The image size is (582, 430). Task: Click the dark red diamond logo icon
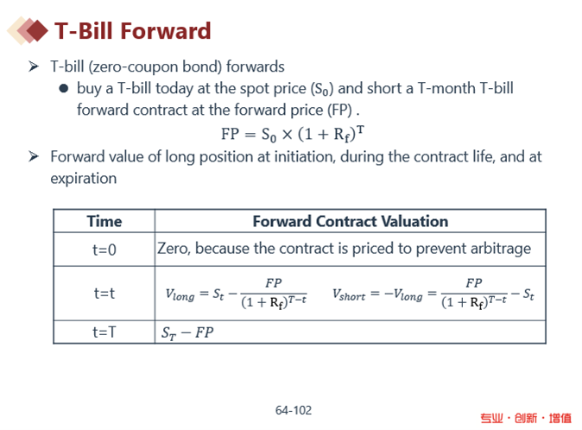[x=36, y=30]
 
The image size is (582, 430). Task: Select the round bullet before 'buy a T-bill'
[x=64, y=89]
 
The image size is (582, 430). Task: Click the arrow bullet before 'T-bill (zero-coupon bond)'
[x=34, y=66]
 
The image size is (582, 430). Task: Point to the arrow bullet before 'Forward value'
[x=34, y=156]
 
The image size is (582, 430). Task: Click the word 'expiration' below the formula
[x=84, y=179]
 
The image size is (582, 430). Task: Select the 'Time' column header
[x=104, y=222]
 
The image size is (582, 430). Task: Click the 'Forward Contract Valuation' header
[x=351, y=222]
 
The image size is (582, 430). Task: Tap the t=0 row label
[x=104, y=250]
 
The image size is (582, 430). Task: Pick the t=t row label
[x=104, y=294]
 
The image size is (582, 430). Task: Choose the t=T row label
[x=104, y=332]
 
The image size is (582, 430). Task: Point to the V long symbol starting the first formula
[x=180, y=295]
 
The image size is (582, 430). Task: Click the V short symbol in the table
[x=349, y=295]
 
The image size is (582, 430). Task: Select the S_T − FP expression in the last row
[x=187, y=332]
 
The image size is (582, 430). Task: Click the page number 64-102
[x=294, y=410]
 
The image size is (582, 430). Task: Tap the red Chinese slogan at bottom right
[x=526, y=418]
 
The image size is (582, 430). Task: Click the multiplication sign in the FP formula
[x=287, y=135]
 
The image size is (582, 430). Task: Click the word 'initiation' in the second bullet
[x=305, y=156]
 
